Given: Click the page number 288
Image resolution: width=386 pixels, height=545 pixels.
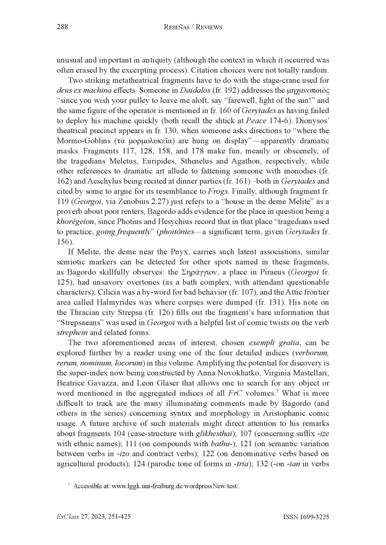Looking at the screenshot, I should (62, 27).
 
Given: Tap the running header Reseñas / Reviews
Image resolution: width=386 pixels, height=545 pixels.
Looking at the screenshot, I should (193, 27).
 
